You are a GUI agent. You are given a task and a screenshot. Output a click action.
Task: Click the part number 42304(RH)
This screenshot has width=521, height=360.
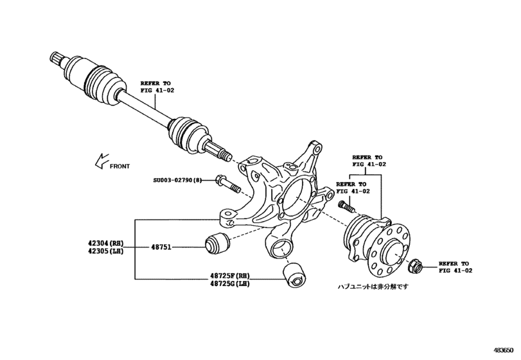click(105, 243)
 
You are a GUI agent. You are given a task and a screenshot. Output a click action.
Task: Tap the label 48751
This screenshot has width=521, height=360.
click(161, 247)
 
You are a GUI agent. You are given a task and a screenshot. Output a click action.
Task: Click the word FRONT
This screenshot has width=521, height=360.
click(119, 166)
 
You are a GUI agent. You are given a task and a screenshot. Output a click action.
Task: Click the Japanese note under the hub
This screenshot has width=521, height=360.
click(373, 287)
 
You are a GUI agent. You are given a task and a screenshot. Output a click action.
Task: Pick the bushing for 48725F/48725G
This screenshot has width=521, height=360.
click(296, 274)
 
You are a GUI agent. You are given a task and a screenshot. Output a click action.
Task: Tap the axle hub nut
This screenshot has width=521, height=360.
click(414, 264)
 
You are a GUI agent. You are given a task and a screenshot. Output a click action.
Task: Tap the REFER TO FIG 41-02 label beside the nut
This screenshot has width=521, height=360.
click(454, 267)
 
